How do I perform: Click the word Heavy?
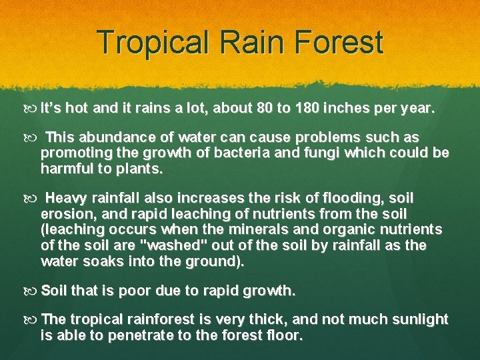[65, 199]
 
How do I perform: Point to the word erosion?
[67, 215]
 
